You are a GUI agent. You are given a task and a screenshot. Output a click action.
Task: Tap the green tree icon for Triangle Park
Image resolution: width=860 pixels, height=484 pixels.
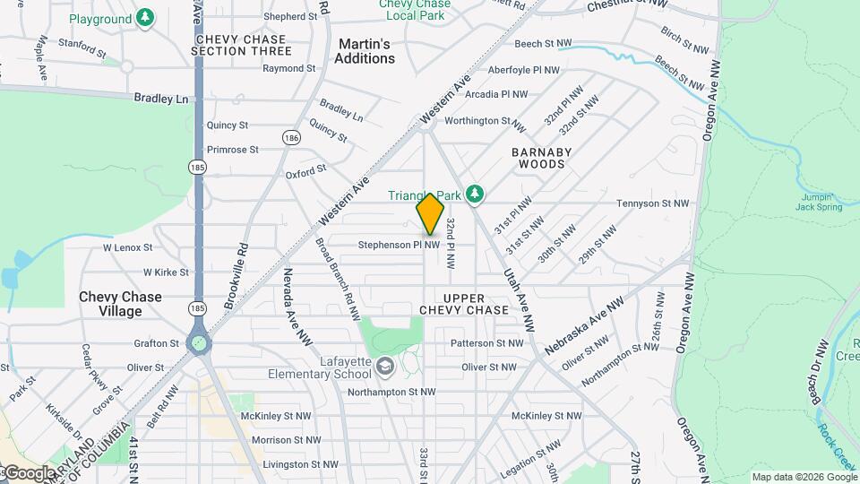tap(475, 194)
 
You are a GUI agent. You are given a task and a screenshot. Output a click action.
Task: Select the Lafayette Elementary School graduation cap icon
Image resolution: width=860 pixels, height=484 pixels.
tap(384, 365)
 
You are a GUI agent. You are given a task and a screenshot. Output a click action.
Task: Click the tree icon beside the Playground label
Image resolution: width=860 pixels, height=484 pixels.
tap(144, 18)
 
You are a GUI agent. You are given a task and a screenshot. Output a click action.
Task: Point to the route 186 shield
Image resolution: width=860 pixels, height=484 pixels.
tap(290, 137)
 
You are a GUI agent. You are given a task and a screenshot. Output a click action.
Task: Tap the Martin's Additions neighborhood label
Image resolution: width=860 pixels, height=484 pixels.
tap(365, 51)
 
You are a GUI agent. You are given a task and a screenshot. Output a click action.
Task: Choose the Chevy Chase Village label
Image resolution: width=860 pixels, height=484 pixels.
tap(121, 304)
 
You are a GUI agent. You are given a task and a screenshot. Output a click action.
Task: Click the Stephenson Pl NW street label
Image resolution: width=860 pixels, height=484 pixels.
tap(399, 245)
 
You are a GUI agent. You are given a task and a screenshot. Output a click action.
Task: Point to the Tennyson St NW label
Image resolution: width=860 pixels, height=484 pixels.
tap(653, 203)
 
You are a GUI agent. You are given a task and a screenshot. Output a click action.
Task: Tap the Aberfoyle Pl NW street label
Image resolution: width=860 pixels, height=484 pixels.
tap(523, 70)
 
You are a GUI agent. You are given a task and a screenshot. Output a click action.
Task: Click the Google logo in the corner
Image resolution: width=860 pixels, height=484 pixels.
tap(29, 472)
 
